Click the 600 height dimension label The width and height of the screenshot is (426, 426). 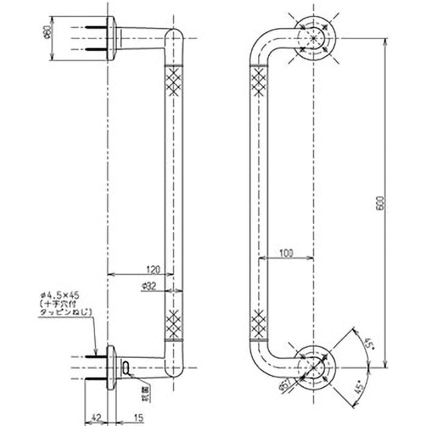click(379, 203)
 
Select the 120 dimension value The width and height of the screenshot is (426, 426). click(153, 268)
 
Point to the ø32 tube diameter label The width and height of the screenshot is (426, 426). click(149, 286)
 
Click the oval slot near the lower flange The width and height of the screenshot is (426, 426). click(126, 366)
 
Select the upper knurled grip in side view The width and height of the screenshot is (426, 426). click(174, 81)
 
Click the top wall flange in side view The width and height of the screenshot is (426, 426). click(111, 38)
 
